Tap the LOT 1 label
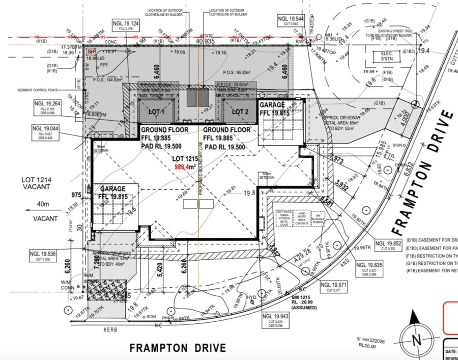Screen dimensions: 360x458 pos(156,112)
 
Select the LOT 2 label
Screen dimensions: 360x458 pos(240,112)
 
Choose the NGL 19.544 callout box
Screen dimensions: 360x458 pos(291,20)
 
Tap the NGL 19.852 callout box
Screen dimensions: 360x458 pos(390,245)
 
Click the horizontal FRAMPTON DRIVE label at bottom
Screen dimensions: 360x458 pos(178,348)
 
